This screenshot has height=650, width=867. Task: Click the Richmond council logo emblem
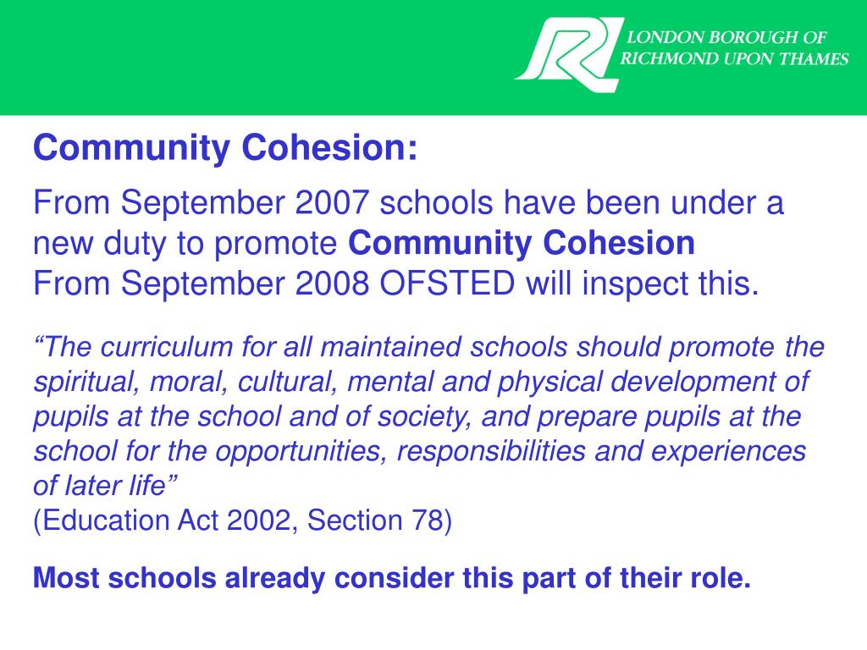(568, 52)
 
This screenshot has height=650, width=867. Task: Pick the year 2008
(332, 284)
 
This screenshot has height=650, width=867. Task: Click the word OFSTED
(447, 284)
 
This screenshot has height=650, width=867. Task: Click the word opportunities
(301, 452)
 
